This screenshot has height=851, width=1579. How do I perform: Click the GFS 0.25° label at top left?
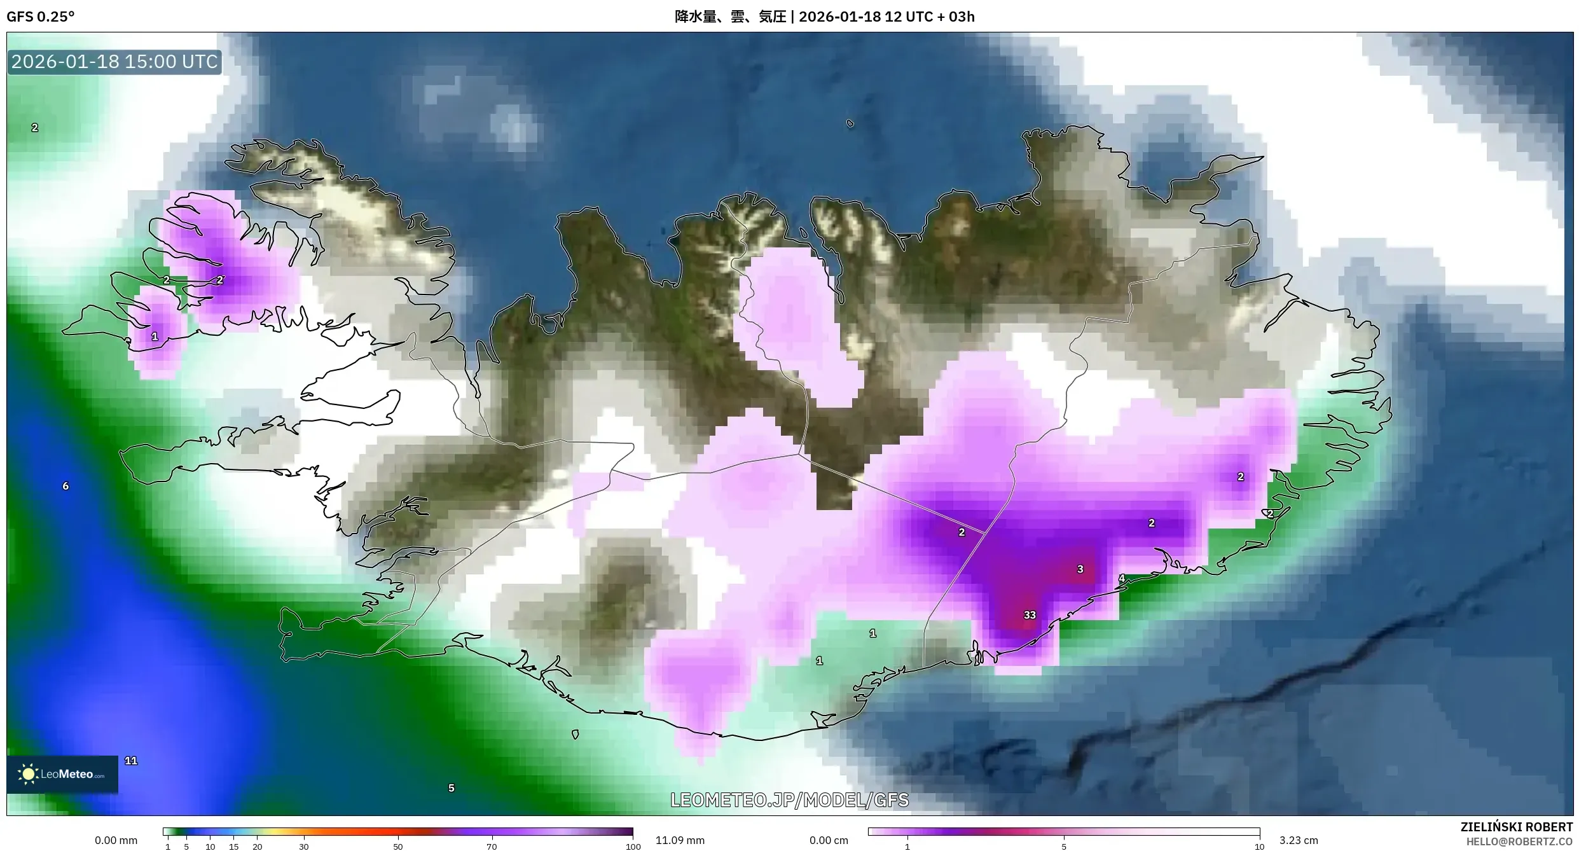tap(41, 17)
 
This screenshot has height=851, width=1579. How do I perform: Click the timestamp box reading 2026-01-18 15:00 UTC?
tap(114, 62)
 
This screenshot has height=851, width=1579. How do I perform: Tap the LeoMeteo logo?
tap(62, 774)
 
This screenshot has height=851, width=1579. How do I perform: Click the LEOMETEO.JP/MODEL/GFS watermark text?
tap(789, 800)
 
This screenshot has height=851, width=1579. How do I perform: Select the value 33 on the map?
tap(1030, 615)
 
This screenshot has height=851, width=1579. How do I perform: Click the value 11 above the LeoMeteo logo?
tap(131, 761)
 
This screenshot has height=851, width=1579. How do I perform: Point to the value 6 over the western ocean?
tap(66, 486)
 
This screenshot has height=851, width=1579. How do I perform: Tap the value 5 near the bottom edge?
tap(452, 788)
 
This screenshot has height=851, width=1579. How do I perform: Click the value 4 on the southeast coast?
tap(1122, 579)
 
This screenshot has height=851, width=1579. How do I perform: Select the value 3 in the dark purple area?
tap(1080, 569)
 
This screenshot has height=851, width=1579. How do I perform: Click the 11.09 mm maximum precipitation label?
tap(680, 840)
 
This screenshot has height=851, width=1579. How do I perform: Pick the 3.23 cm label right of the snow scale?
tap(1299, 840)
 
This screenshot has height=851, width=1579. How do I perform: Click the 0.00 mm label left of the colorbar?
tap(116, 840)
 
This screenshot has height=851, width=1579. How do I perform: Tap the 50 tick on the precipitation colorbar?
tap(397, 847)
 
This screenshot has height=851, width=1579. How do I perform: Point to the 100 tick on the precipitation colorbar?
tap(633, 847)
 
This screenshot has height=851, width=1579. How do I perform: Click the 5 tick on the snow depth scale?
tap(1064, 847)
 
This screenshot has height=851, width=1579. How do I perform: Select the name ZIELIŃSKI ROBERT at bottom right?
tap(1516, 827)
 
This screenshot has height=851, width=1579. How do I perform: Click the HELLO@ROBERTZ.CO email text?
tap(1519, 841)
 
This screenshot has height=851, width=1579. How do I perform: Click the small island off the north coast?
tap(850, 124)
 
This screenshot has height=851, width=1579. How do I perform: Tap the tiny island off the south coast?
tap(575, 735)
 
